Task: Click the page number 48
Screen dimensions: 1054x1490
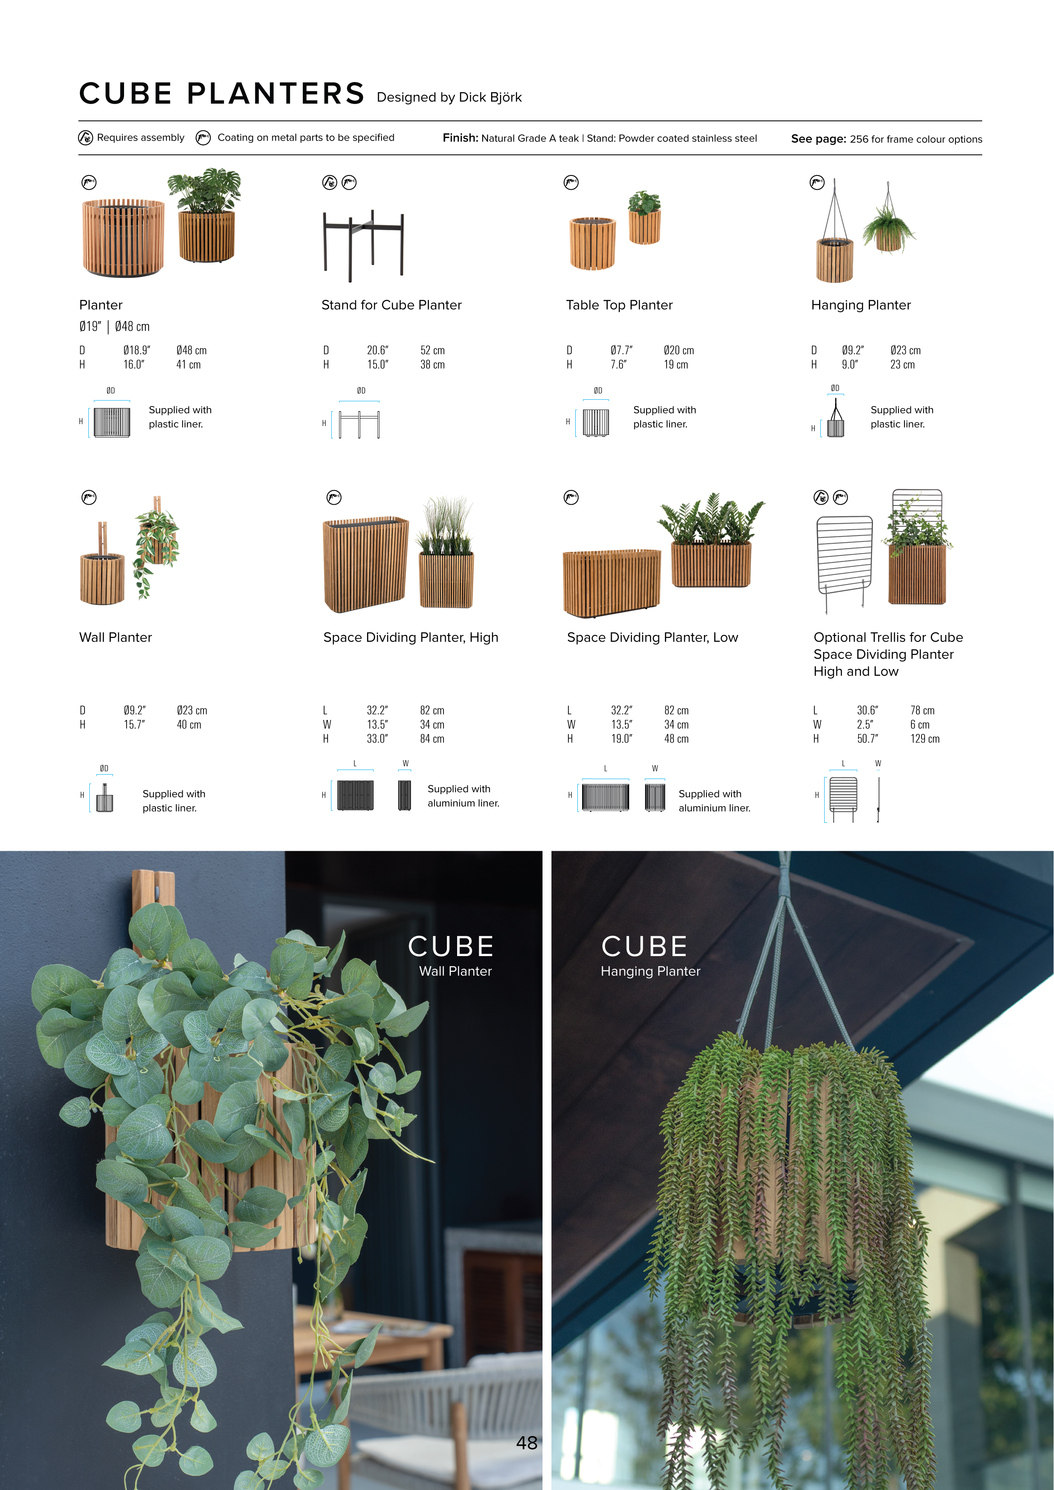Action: pyautogui.click(x=526, y=1442)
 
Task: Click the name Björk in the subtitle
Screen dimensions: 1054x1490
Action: pyautogui.click(x=506, y=97)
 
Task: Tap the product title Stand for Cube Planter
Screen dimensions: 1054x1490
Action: pyautogui.click(x=391, y=305)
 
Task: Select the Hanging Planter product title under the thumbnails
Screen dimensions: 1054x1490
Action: pyautogui.click(x=861, y=305)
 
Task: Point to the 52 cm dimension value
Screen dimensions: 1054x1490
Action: pyautogui.click(x=432, y=350)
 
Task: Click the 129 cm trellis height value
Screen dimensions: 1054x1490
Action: pyautogui.click(x=925, y=739)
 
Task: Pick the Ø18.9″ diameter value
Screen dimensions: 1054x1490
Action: pyautogui.click(x=137, y=350)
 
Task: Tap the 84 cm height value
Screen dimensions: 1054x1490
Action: pyautogui.click(x=432, y=739)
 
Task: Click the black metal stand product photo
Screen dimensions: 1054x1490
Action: pyautogui.click(x=364, y=246)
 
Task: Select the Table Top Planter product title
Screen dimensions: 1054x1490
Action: pyautogui.click(x=619, y=305)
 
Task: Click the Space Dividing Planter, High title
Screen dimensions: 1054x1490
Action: pyautogui.click(x=411, y=637)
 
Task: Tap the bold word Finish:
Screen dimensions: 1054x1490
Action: pyautogui.click(x=460, y=138)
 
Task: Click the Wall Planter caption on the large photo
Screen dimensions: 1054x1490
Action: pyautogui.click(x=455, y=971)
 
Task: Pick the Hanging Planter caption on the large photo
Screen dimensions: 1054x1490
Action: pyautogui.click(x=650, y=971)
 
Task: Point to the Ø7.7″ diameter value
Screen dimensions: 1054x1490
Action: pyautogui.click(x=621, y=350)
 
